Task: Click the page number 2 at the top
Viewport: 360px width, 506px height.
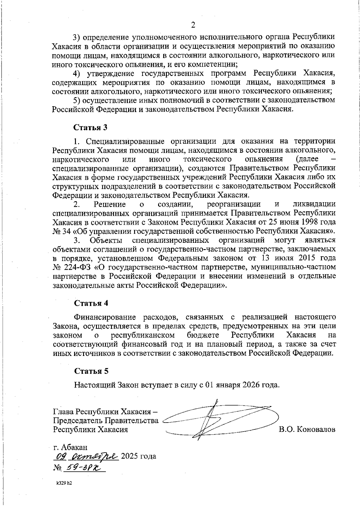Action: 193,25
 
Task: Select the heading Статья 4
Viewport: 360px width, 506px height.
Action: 91,303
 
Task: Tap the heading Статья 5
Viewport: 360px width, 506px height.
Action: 91,371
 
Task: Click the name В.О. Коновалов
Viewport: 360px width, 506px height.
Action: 307,429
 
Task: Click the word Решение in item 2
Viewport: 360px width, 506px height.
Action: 110,204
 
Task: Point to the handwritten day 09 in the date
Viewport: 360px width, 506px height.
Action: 61,457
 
